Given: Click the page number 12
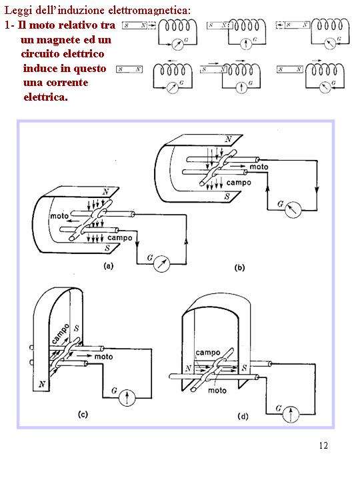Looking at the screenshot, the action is tap(323, 445).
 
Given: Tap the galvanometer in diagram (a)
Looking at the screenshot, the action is tap(161, 263).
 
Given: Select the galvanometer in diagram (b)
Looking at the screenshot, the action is tap(293, 209).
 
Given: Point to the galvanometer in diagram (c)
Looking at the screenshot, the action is tap(127, 397).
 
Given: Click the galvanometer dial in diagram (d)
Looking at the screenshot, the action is tap(291, 414).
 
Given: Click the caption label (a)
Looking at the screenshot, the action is tap(109, 266).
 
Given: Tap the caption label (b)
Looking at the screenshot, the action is tap(239, 268).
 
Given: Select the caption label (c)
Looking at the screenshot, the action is tap(83, 415).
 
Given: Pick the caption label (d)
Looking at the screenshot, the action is tap(243, 417).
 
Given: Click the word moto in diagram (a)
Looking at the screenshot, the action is tap(59, 216).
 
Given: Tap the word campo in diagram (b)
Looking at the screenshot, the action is tap(239, 183).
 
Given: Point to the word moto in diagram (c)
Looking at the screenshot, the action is tap(104, 357).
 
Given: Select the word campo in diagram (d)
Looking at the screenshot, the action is tap(208, 353).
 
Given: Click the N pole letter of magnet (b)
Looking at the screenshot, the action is tap(229, 139).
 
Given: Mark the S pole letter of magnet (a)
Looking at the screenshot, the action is tap(107, 248).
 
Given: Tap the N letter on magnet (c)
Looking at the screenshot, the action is tap(42, 384).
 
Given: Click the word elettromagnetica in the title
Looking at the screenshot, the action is tap(149, 11).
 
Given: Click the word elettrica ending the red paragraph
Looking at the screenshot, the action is tap(45, 97).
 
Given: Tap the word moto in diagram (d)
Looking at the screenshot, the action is tap(217, 390).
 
